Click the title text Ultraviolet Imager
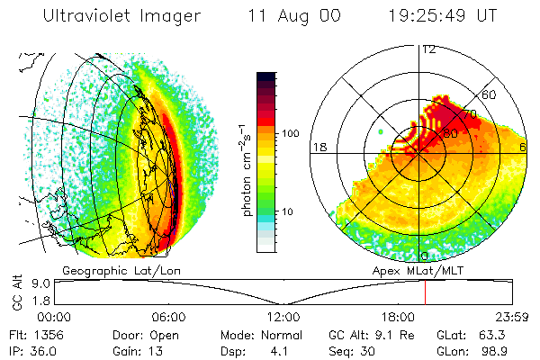pyautogui.click(x=114, y=17)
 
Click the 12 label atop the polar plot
pyautogui.click(x=428, y=49)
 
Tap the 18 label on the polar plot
pyautogui.click(x=318, y=147)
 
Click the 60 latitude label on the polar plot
pyautogui.click(x=490, y=94)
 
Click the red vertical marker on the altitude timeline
pyautogui.click(x=425, y=292)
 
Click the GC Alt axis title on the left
pyautogui.click(x=16, y=292)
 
